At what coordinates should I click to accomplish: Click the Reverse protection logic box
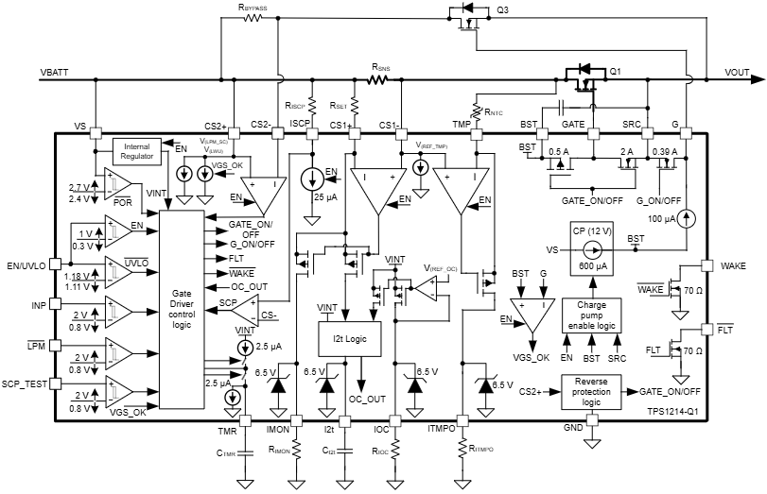590,389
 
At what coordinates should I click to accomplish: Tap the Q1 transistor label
615,71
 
